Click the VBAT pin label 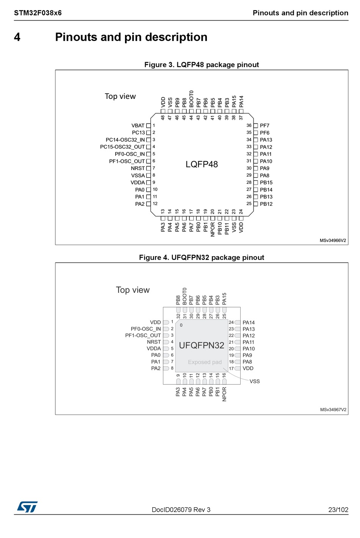138,126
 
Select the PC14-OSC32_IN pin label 125,140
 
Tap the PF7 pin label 265,126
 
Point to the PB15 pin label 266,183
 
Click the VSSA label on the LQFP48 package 138,175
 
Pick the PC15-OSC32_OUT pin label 122,147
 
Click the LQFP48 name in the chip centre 202,164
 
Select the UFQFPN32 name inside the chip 202,346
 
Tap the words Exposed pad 205,362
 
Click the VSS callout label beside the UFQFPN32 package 255,382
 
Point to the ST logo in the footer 27,507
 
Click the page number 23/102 338,510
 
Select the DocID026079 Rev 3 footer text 181,510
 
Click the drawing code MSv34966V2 333,241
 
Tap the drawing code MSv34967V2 333,410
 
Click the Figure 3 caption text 202,65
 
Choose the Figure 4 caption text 202,258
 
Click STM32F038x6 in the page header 38,13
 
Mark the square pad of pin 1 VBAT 149,126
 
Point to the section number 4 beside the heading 17,37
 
